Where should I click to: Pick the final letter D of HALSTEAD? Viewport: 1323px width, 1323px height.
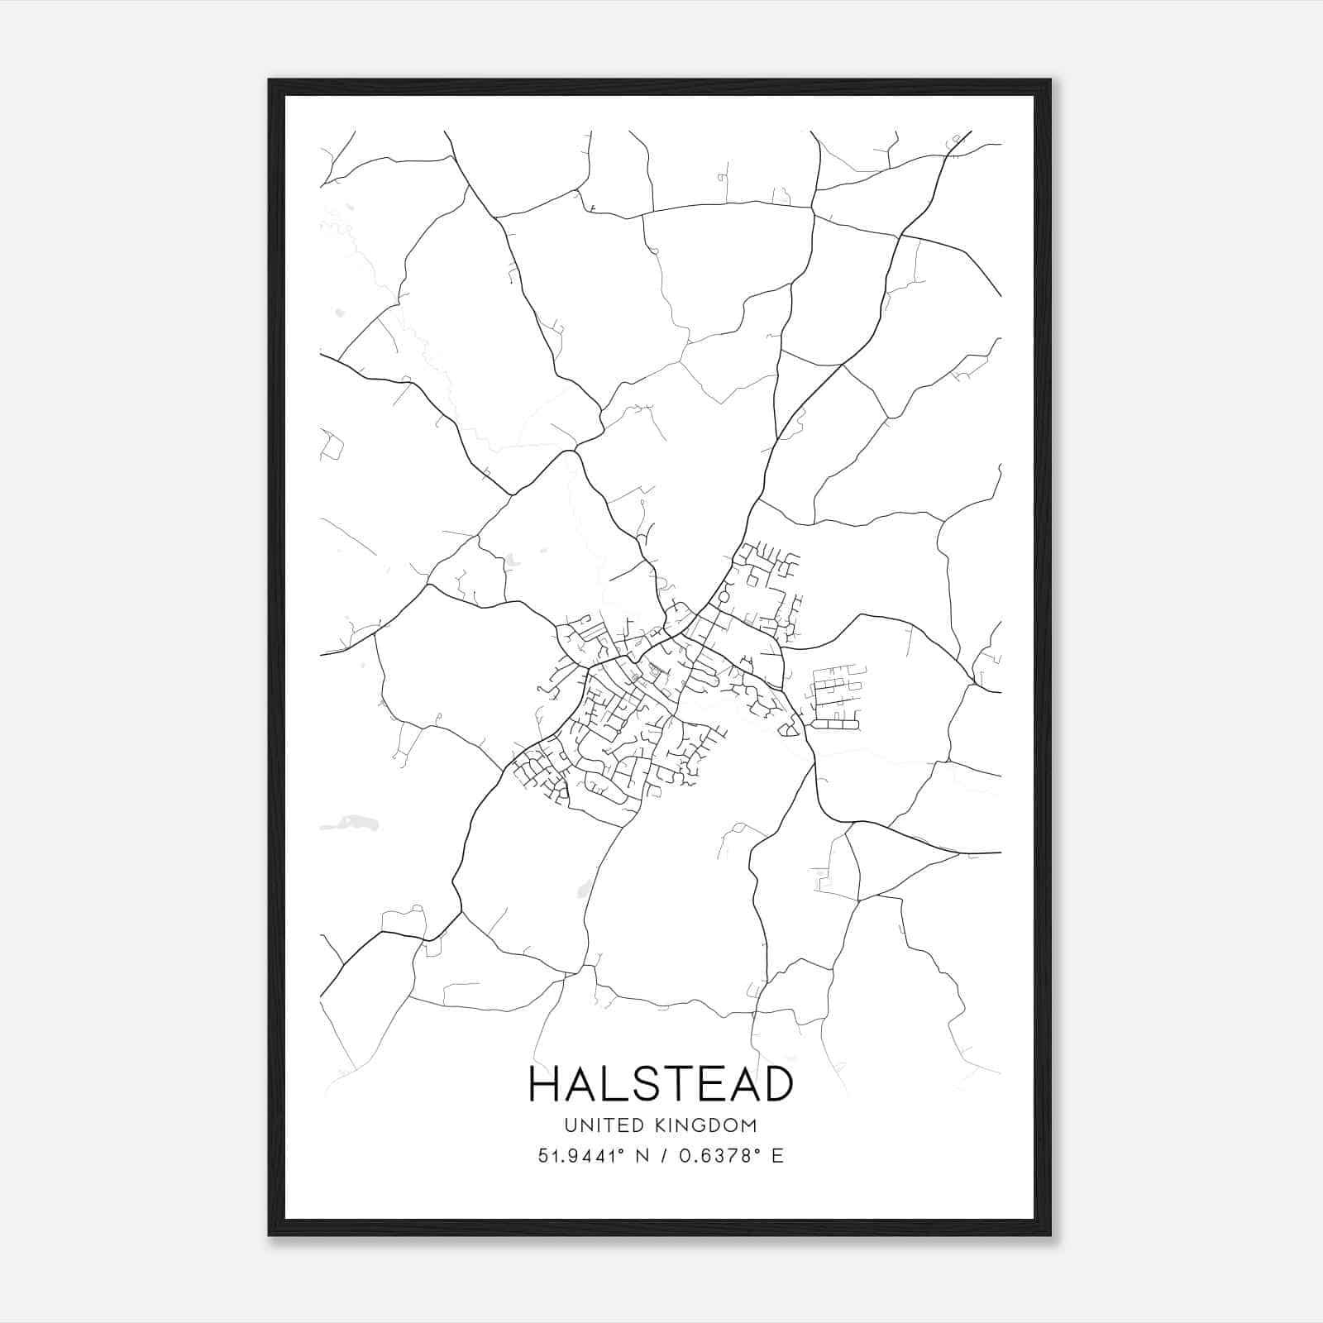(x=776, y=1085)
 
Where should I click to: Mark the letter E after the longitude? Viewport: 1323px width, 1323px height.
(x=776, y=1156)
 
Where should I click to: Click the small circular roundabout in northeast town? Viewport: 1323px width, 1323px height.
(x=724, y=596)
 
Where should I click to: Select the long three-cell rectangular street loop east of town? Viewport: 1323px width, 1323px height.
(x=835, y=724)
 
